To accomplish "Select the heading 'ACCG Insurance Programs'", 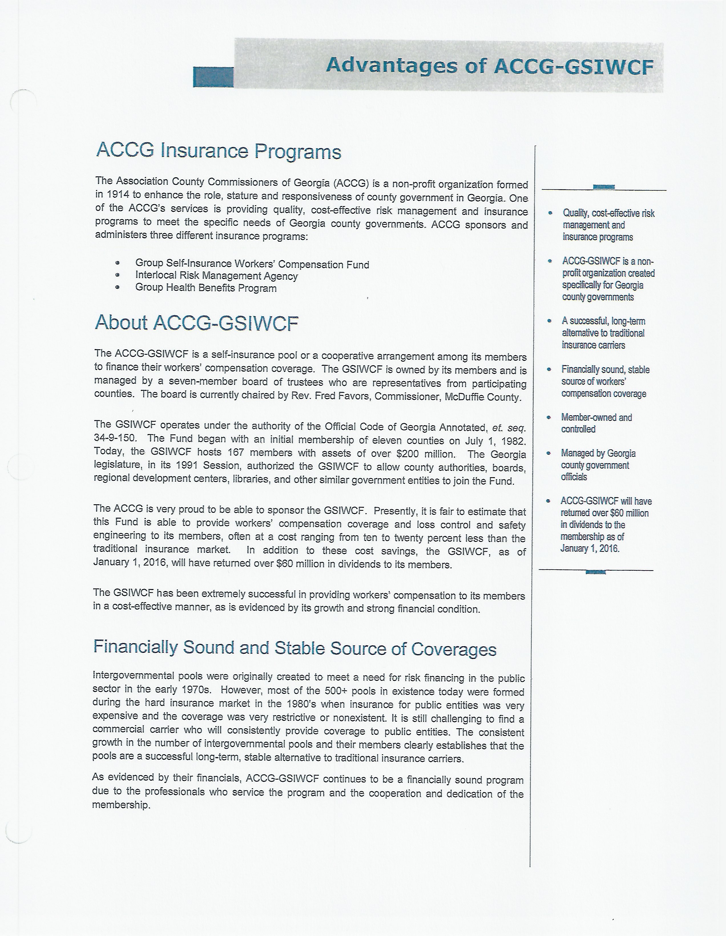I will pyautogui.click(x=219, y=151).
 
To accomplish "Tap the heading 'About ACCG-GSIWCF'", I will pyautogui.click(x=196, y=323).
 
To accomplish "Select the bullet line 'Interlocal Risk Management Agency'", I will pyautogui.click(x=216, y=276).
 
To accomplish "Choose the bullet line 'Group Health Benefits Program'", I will pyautogui.click(x=206, y=288).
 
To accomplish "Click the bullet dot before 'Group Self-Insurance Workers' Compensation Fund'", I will pyautogui.click(x=117, y=264).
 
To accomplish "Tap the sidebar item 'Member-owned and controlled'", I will pyautogui.click(x=596, y=423).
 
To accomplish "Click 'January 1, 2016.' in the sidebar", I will pyautogui.click(x=589, y=548).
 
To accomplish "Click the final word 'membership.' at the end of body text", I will pyautogui.click(x=121, y=805).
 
